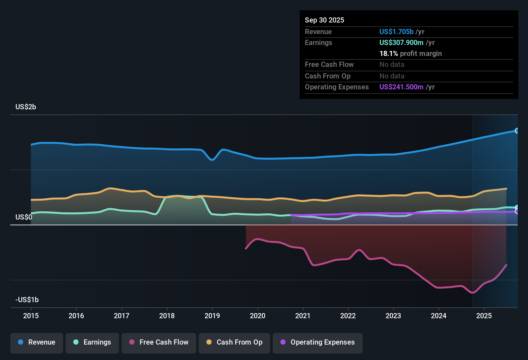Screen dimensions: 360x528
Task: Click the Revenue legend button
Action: click(37, 342)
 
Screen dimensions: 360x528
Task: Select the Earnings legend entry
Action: click(92, 342)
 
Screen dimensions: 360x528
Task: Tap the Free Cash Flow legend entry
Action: click(159, 342)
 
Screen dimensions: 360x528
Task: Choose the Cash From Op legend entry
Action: click(234, 342)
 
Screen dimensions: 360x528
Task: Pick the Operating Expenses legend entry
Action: click(318, 342)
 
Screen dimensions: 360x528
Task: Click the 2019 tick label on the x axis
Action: click(212, 316)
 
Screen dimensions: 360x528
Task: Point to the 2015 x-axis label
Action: click(31, 316)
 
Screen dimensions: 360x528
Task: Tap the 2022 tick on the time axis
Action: click(348, 316)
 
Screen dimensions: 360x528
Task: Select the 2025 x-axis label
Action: click(484, 316)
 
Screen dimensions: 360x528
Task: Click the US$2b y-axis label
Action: click(26, 107)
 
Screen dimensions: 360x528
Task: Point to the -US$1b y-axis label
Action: click(27, 300)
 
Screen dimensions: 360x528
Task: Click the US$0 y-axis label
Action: click(24, 217)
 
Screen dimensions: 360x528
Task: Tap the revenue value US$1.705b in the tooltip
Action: click(396, 32)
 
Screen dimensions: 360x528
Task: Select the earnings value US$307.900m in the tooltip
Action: click(401, 42)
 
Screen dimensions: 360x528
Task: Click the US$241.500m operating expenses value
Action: click(401, 87)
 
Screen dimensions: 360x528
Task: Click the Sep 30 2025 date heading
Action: click(324, 20)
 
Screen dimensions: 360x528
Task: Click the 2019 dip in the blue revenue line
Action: click(212, 159)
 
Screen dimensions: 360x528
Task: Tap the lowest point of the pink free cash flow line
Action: click(472, 292)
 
